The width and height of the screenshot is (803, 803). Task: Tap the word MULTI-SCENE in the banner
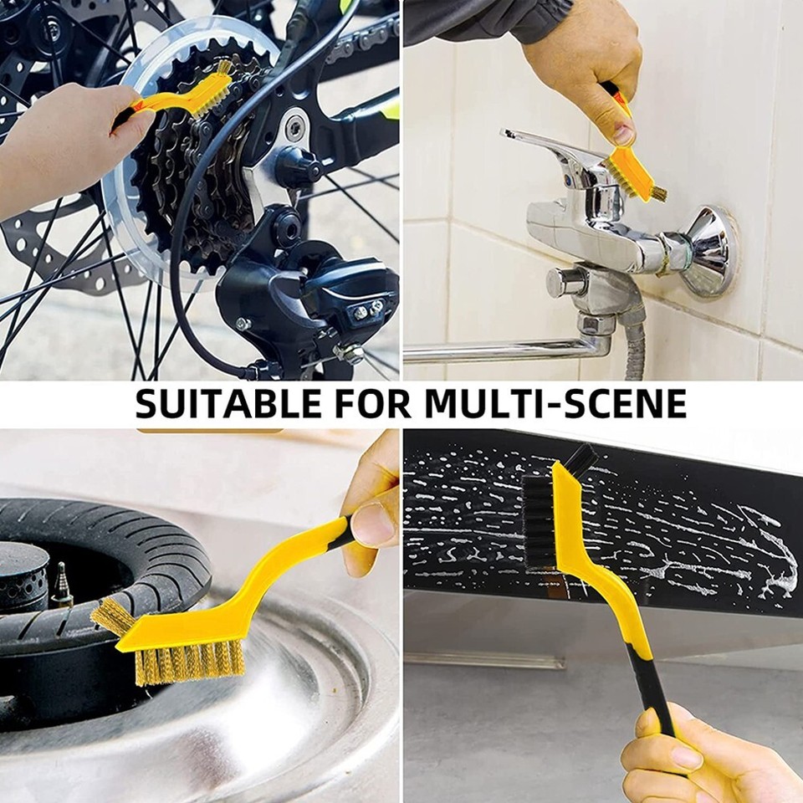tap(555, 403)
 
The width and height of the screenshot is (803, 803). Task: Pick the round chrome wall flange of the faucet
tap(709, 251)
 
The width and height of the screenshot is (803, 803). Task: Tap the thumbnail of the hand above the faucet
tap(623, 134)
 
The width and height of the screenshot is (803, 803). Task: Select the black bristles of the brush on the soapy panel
tap(540, 519)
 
